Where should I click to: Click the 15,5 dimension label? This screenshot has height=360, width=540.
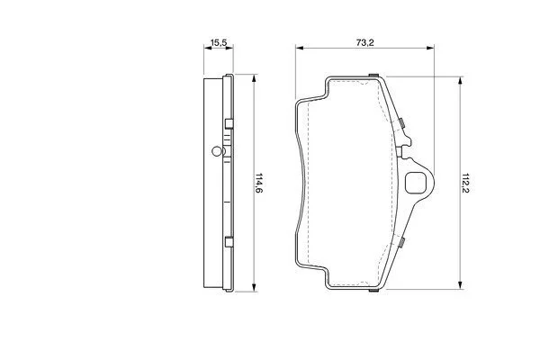(219, 43)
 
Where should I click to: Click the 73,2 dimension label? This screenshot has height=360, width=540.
(364, 42)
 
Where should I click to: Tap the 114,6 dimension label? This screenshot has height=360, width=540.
(258, 183)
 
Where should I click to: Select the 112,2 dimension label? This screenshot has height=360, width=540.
(465, 183)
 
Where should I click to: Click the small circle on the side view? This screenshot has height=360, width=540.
(216, 151)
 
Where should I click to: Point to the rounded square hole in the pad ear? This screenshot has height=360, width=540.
(416, 183)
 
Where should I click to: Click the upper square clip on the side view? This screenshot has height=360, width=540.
(229, 124)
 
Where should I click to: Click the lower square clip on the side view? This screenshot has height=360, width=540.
(229, 242)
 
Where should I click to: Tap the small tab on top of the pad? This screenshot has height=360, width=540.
(373, 75)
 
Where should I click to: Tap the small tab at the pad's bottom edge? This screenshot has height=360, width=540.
(373, 291)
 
